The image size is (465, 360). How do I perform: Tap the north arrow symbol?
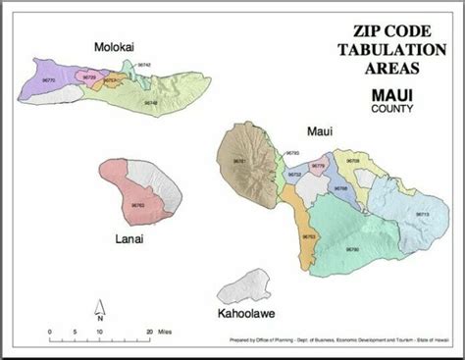(x=99, y=312)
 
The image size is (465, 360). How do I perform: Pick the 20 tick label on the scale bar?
(x=150, y=332)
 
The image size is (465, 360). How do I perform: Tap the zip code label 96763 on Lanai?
(x=137, y=205)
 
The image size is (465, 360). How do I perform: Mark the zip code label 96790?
(x=353, y=249)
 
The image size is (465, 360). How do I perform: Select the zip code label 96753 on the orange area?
(x=309, y=236)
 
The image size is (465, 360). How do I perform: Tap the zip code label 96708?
(x=353, y=159)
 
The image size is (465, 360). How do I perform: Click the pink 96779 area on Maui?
(x=317, y=168)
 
